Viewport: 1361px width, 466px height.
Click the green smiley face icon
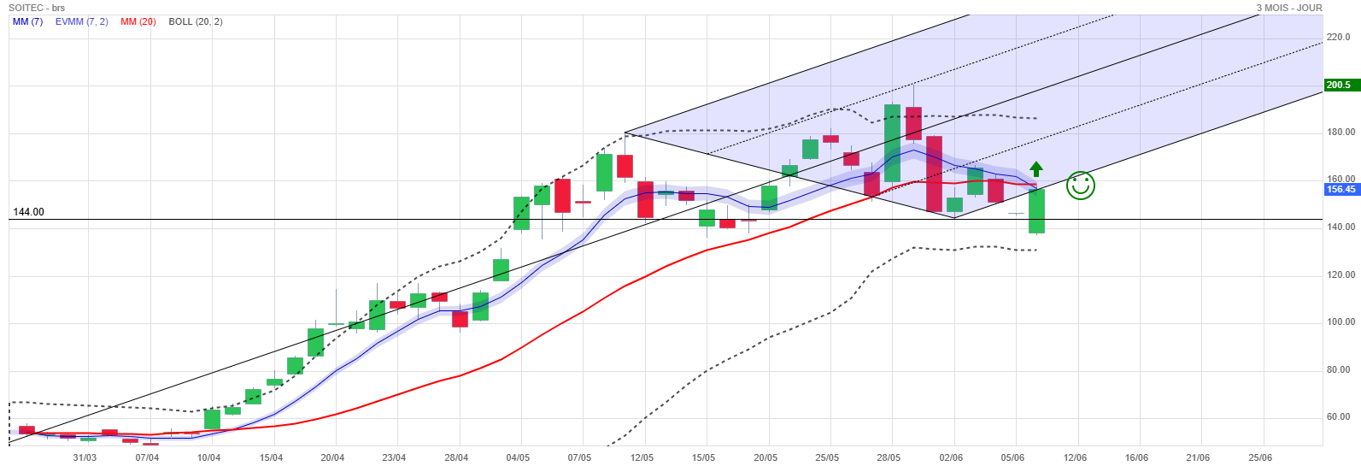tap(1080, 186)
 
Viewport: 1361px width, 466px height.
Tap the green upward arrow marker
tap(1036, 169)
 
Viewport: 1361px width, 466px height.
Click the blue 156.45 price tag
tap(1341, 189)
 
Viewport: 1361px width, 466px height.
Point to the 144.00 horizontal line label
tap(28, 212)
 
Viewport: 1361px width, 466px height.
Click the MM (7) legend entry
tap(28, 22)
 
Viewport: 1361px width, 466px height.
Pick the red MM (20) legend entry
tap(138, 22)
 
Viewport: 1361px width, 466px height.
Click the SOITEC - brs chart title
tap(37, 8)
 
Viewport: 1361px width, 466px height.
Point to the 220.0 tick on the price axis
tap(1339, 37)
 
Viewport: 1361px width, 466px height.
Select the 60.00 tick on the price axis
tap(1339, 416)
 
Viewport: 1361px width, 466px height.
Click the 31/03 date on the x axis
tap(85, 457)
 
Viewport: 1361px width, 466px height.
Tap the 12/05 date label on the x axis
tap(642, 457)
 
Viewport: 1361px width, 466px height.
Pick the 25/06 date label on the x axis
tap(1260, 457)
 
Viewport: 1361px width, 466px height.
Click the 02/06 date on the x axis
tap(951, 457)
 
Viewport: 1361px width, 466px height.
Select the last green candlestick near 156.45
tap(1036, 211)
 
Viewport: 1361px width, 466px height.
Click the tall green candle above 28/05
tap(892, 143)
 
